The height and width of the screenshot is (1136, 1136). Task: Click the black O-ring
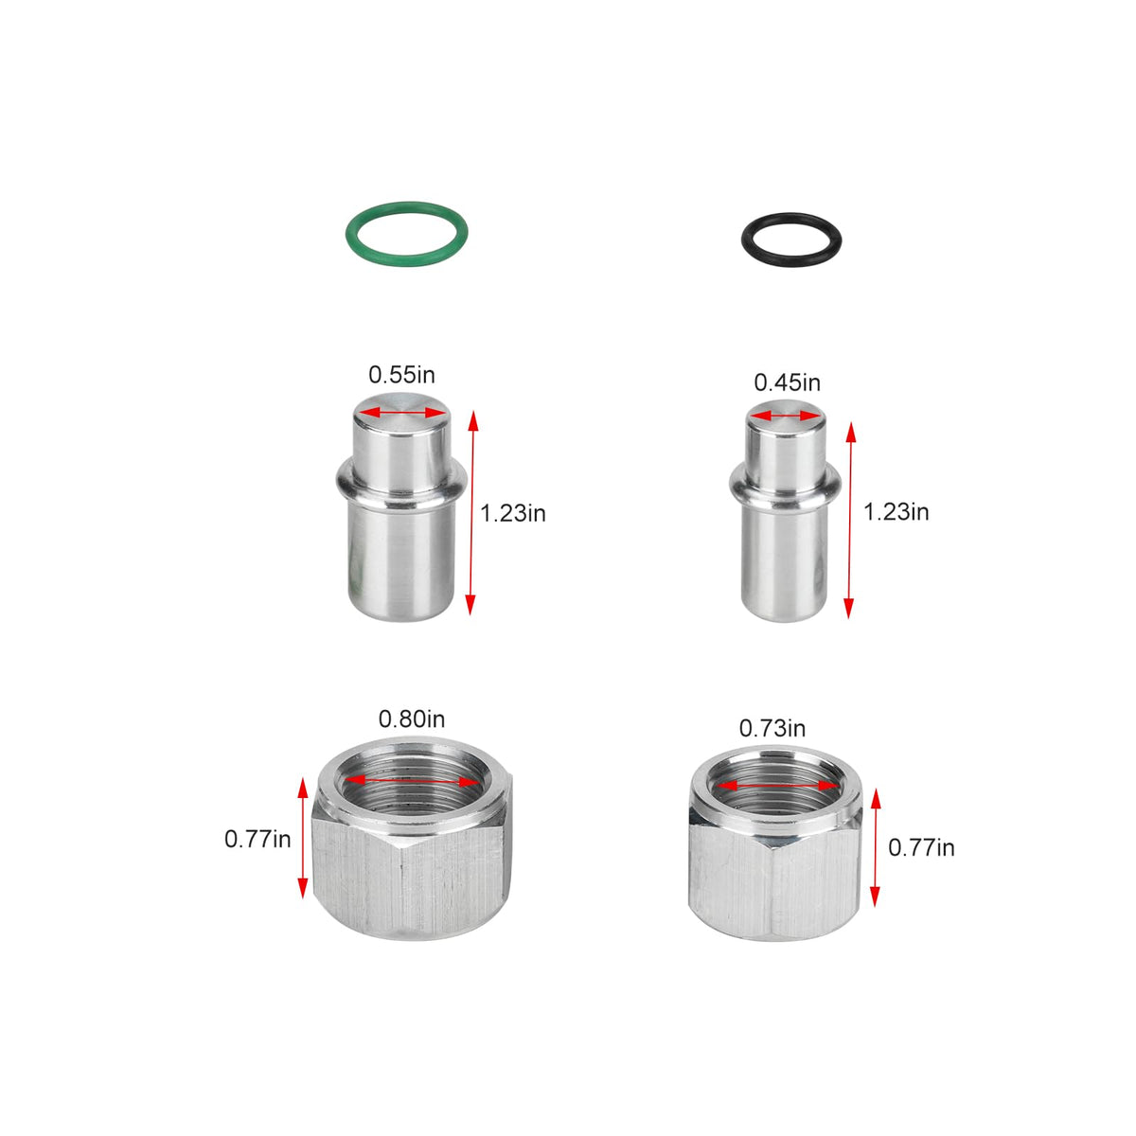(791, 217)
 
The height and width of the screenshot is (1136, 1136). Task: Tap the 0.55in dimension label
(401, 375)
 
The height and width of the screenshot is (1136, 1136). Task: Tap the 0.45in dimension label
(787, 382)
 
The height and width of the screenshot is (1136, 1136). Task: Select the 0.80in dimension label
(412, 719)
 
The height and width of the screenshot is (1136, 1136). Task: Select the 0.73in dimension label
(772, 729)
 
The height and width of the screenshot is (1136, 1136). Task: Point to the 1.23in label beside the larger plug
(513, 513)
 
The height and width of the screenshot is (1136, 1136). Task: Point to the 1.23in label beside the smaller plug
(896, 512)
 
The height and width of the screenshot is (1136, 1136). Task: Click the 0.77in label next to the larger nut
(257, 840)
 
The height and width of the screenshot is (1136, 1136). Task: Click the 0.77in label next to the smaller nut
(921, 847)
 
